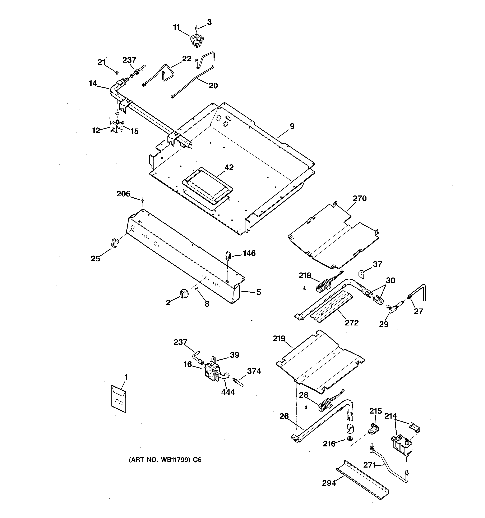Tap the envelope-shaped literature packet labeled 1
click(x=119, y=399)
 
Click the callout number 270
click(x=360, y=199)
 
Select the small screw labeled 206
click(x=142, y=201)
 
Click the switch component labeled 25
click(x=114, y=242)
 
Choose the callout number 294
click(x=329, y=483)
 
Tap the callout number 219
click(x=279, y=338)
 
